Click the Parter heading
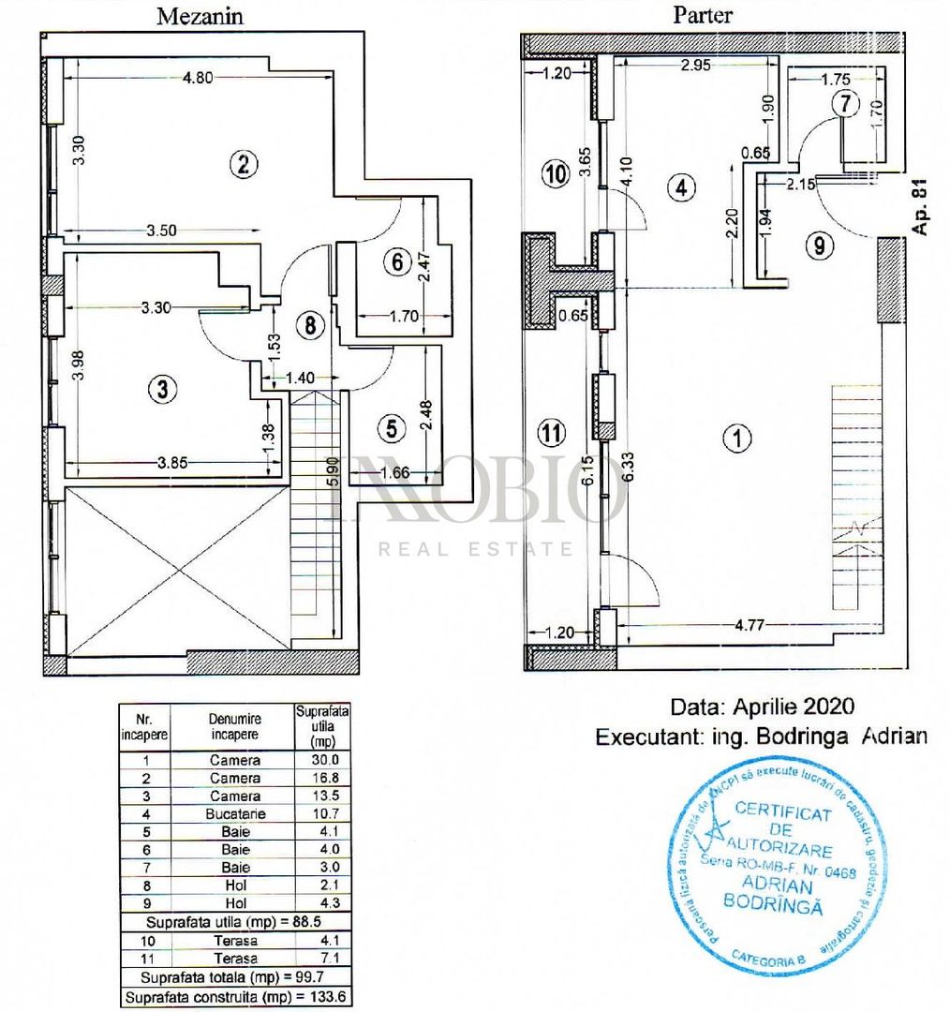(x=702, y=15)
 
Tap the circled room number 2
(x=243, y=165)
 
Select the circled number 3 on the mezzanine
(x=163, y=390)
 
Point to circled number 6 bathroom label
(x=397, y=262)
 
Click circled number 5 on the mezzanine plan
(x=391, y=428)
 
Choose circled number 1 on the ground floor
(x=739, y=438)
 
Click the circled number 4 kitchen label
(x=681, y=187)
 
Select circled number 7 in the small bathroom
(x=846, y=104)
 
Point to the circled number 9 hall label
(x=819, y=246)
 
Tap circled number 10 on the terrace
(x=556, y=174)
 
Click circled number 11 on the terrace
(x=554, y=432)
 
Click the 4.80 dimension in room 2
(x=198, y=79)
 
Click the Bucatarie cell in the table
(x=235, y=813)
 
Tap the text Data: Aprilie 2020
(x=763, y=706)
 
